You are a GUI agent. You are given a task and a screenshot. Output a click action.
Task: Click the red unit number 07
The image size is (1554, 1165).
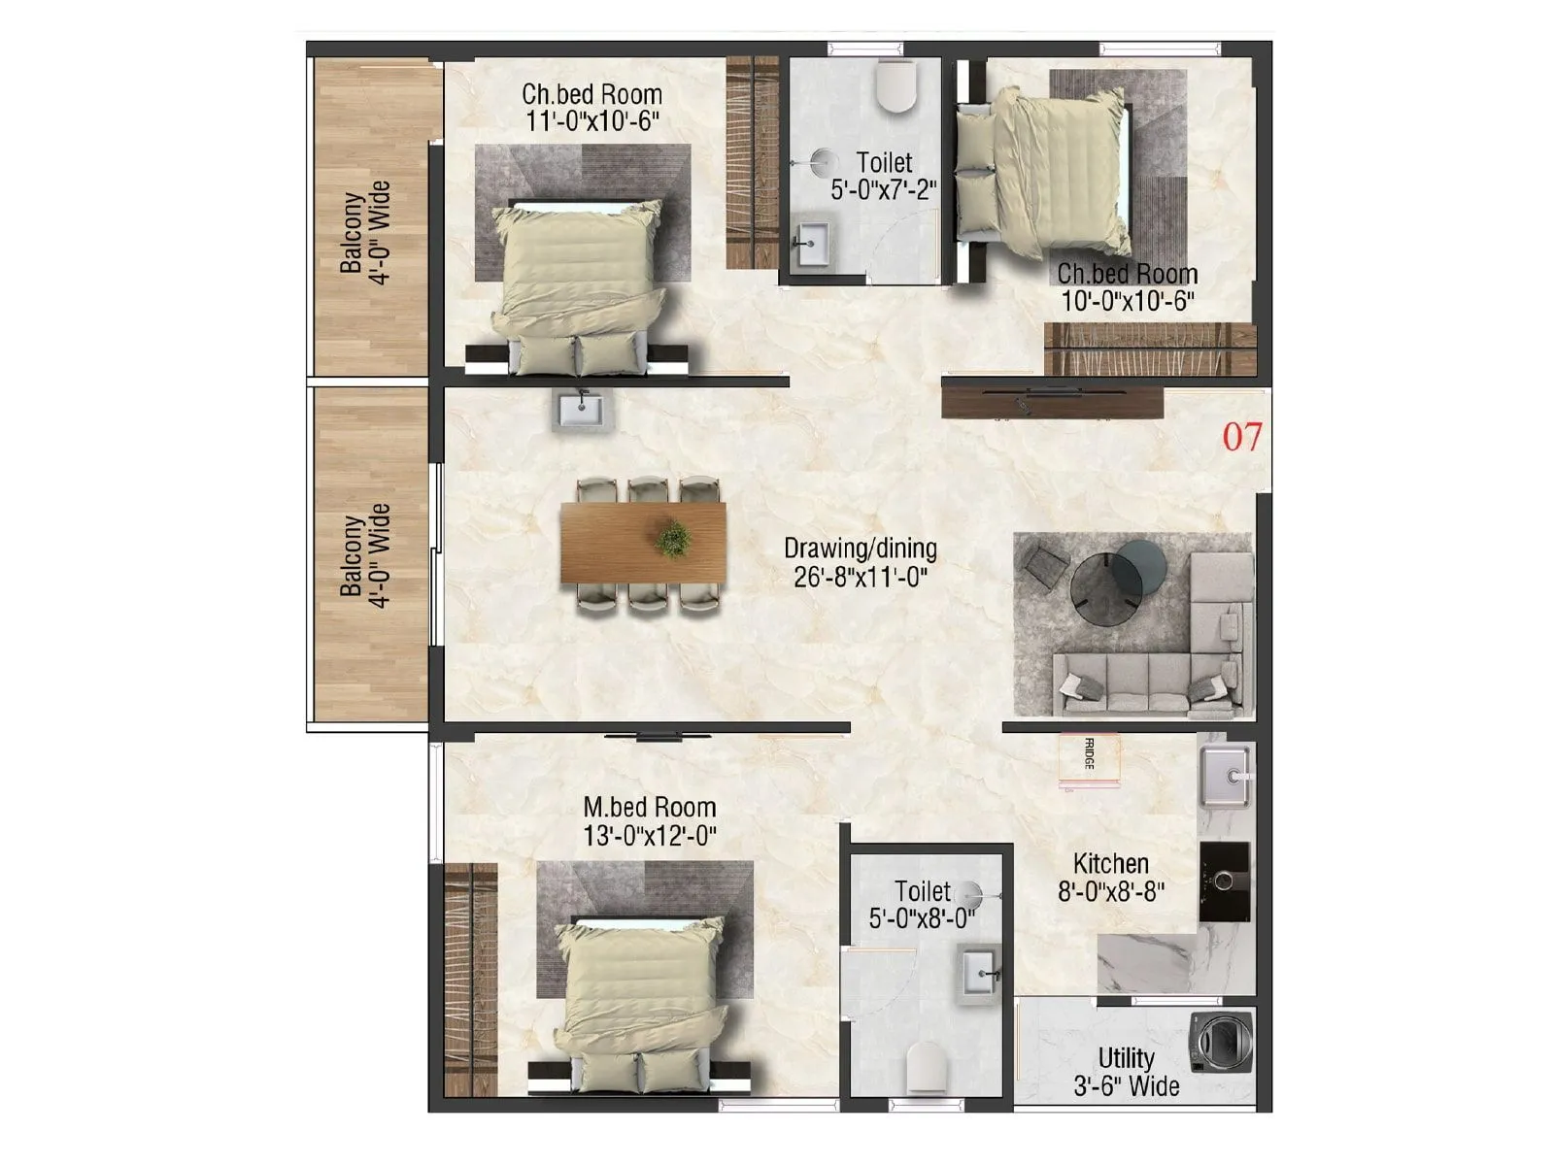[1241, 437]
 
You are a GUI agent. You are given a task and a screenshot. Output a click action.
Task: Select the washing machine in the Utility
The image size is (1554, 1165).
[1220, 1042]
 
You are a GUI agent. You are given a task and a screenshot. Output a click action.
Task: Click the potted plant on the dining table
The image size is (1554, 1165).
[672, 540]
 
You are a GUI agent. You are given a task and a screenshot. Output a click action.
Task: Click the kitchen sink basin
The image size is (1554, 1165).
[1226, 777]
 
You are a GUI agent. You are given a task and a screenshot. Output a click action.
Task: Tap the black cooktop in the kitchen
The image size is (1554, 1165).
[1224, 881]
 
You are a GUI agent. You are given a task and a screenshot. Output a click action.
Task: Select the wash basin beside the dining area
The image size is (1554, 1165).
[581, 411]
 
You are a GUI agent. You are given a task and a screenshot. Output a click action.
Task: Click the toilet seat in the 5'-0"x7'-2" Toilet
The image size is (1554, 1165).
[895, 85]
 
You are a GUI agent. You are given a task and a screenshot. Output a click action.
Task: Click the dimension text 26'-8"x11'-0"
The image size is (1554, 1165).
[861, 578]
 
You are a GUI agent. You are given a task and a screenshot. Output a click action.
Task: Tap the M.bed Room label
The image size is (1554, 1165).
[649, 808]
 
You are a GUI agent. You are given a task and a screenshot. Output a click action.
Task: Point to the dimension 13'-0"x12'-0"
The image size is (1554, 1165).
[649, 835]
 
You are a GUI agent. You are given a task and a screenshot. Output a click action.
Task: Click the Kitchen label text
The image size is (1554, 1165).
[1110, 863]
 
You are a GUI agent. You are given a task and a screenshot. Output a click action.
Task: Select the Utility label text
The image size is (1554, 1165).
[1126, 1058]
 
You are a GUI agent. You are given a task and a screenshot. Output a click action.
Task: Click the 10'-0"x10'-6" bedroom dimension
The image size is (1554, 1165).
[1127, 301]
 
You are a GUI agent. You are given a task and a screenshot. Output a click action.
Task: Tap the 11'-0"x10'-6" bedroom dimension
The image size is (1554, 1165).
[592, 121]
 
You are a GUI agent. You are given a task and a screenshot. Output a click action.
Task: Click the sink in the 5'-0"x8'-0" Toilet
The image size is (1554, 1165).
[981, 971]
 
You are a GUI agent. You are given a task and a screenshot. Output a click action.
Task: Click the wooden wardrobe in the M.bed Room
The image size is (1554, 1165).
[469, 981]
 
